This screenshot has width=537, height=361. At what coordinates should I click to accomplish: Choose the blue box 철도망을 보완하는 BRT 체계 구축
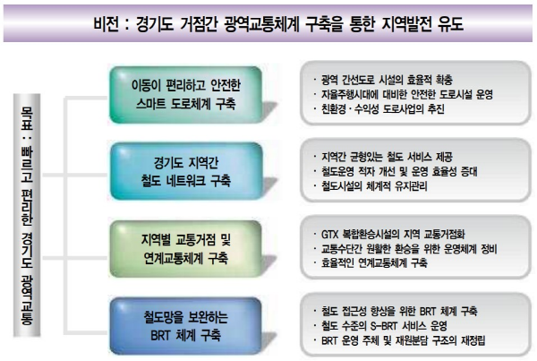pos(187,320)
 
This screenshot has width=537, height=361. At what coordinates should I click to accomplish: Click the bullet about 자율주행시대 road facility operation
pos(399,92)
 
